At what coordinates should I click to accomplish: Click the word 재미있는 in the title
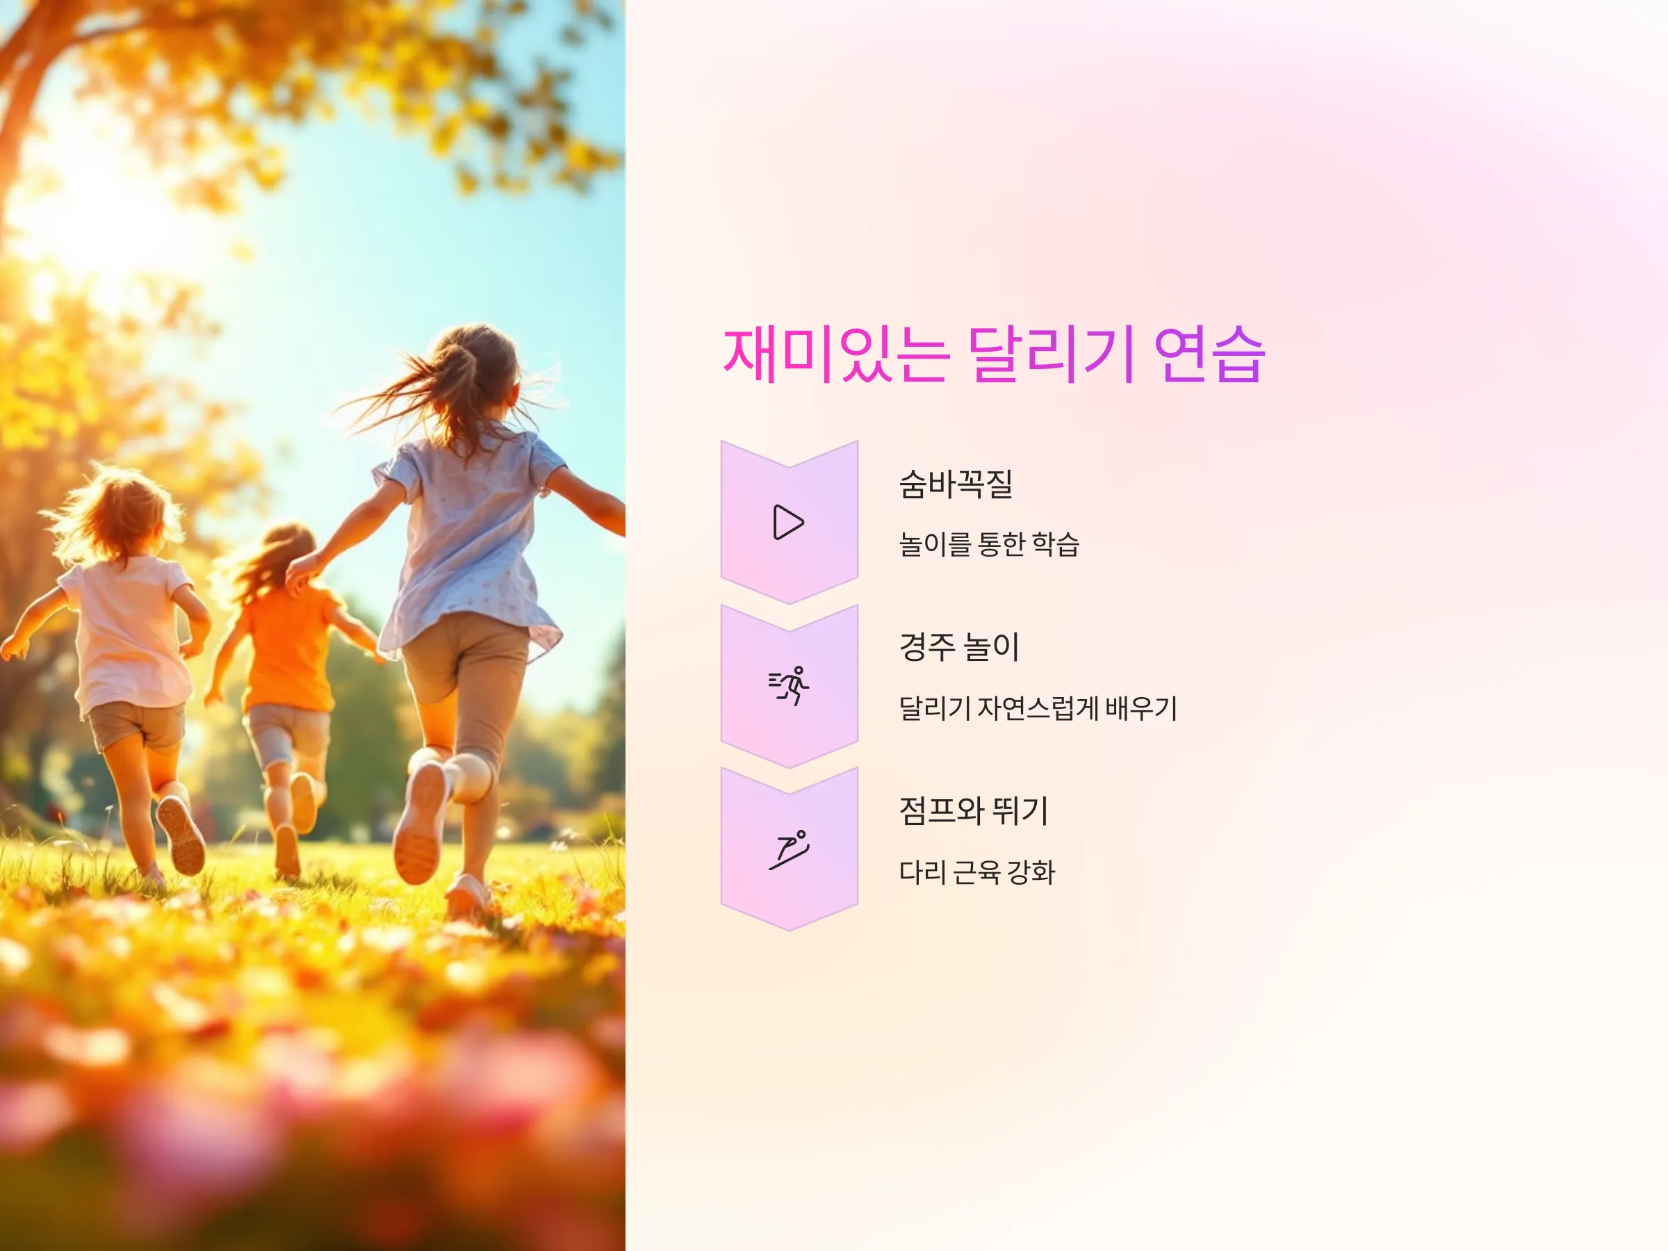[x=836, y=354]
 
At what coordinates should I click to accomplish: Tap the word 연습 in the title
[x=1209, y=354]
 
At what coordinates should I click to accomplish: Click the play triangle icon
[x=789, y=523]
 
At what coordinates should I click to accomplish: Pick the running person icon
[x=789, y=685]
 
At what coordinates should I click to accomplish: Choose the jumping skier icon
[x=789, y=850]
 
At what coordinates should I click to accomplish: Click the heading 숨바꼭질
[x=956, y=484]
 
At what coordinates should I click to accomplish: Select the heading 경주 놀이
[x=959, y=647]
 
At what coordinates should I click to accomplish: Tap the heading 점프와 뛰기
[x=974, y=810]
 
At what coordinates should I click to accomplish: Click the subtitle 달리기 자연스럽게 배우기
[x=1038, y=708]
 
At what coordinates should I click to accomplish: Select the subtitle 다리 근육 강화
[x=976, y=872]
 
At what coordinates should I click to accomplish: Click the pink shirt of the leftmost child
[x=128, y=633]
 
